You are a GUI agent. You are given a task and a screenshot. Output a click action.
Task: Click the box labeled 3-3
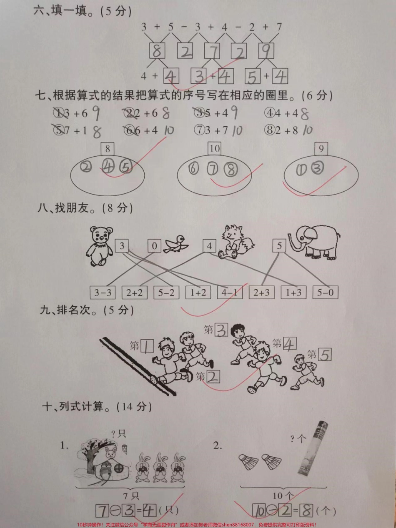coord(103,293)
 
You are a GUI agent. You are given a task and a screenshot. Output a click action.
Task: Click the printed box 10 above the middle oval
coord(215,149)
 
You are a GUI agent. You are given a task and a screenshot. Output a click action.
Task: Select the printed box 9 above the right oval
coord(321,149)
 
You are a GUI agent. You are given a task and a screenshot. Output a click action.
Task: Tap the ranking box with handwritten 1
coord(148,345)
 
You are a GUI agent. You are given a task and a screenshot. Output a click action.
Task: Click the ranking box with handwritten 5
coord(325,355)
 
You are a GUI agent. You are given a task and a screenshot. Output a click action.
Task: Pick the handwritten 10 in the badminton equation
coord(260,510)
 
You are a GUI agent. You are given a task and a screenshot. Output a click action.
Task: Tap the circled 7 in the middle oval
coord(213,169)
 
